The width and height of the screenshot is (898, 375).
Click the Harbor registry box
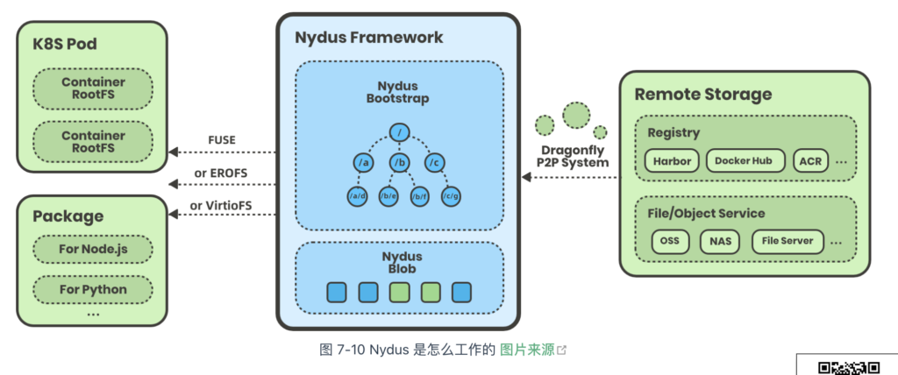click(672, 161)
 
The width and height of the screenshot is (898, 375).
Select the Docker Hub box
click(743, 161)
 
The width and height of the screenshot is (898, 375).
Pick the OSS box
click(670, 241)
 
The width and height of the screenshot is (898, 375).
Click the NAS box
click(720, 241)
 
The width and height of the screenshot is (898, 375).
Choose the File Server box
click(788, 241)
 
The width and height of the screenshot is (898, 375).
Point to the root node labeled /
click(400, 132)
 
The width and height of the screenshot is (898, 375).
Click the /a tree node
click(362, 164)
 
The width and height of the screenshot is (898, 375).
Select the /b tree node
click(400, 164)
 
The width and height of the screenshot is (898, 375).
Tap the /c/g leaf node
click(452, 197)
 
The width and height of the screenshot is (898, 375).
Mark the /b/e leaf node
click(388, 197)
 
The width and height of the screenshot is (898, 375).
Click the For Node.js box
click(93, 250)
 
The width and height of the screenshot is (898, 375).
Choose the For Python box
click(93, 289)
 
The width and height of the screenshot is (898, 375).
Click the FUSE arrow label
click(222, 139)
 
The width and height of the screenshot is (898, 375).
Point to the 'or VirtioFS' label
click(221, 205)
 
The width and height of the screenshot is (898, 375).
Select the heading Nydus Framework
click(369, 38)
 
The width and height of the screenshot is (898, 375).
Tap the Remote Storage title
click(703, 94)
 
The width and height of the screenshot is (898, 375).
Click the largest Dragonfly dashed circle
click(576, 116)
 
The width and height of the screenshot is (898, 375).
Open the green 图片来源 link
click(527, 350)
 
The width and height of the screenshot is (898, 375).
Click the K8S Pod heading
click(65, 44)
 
